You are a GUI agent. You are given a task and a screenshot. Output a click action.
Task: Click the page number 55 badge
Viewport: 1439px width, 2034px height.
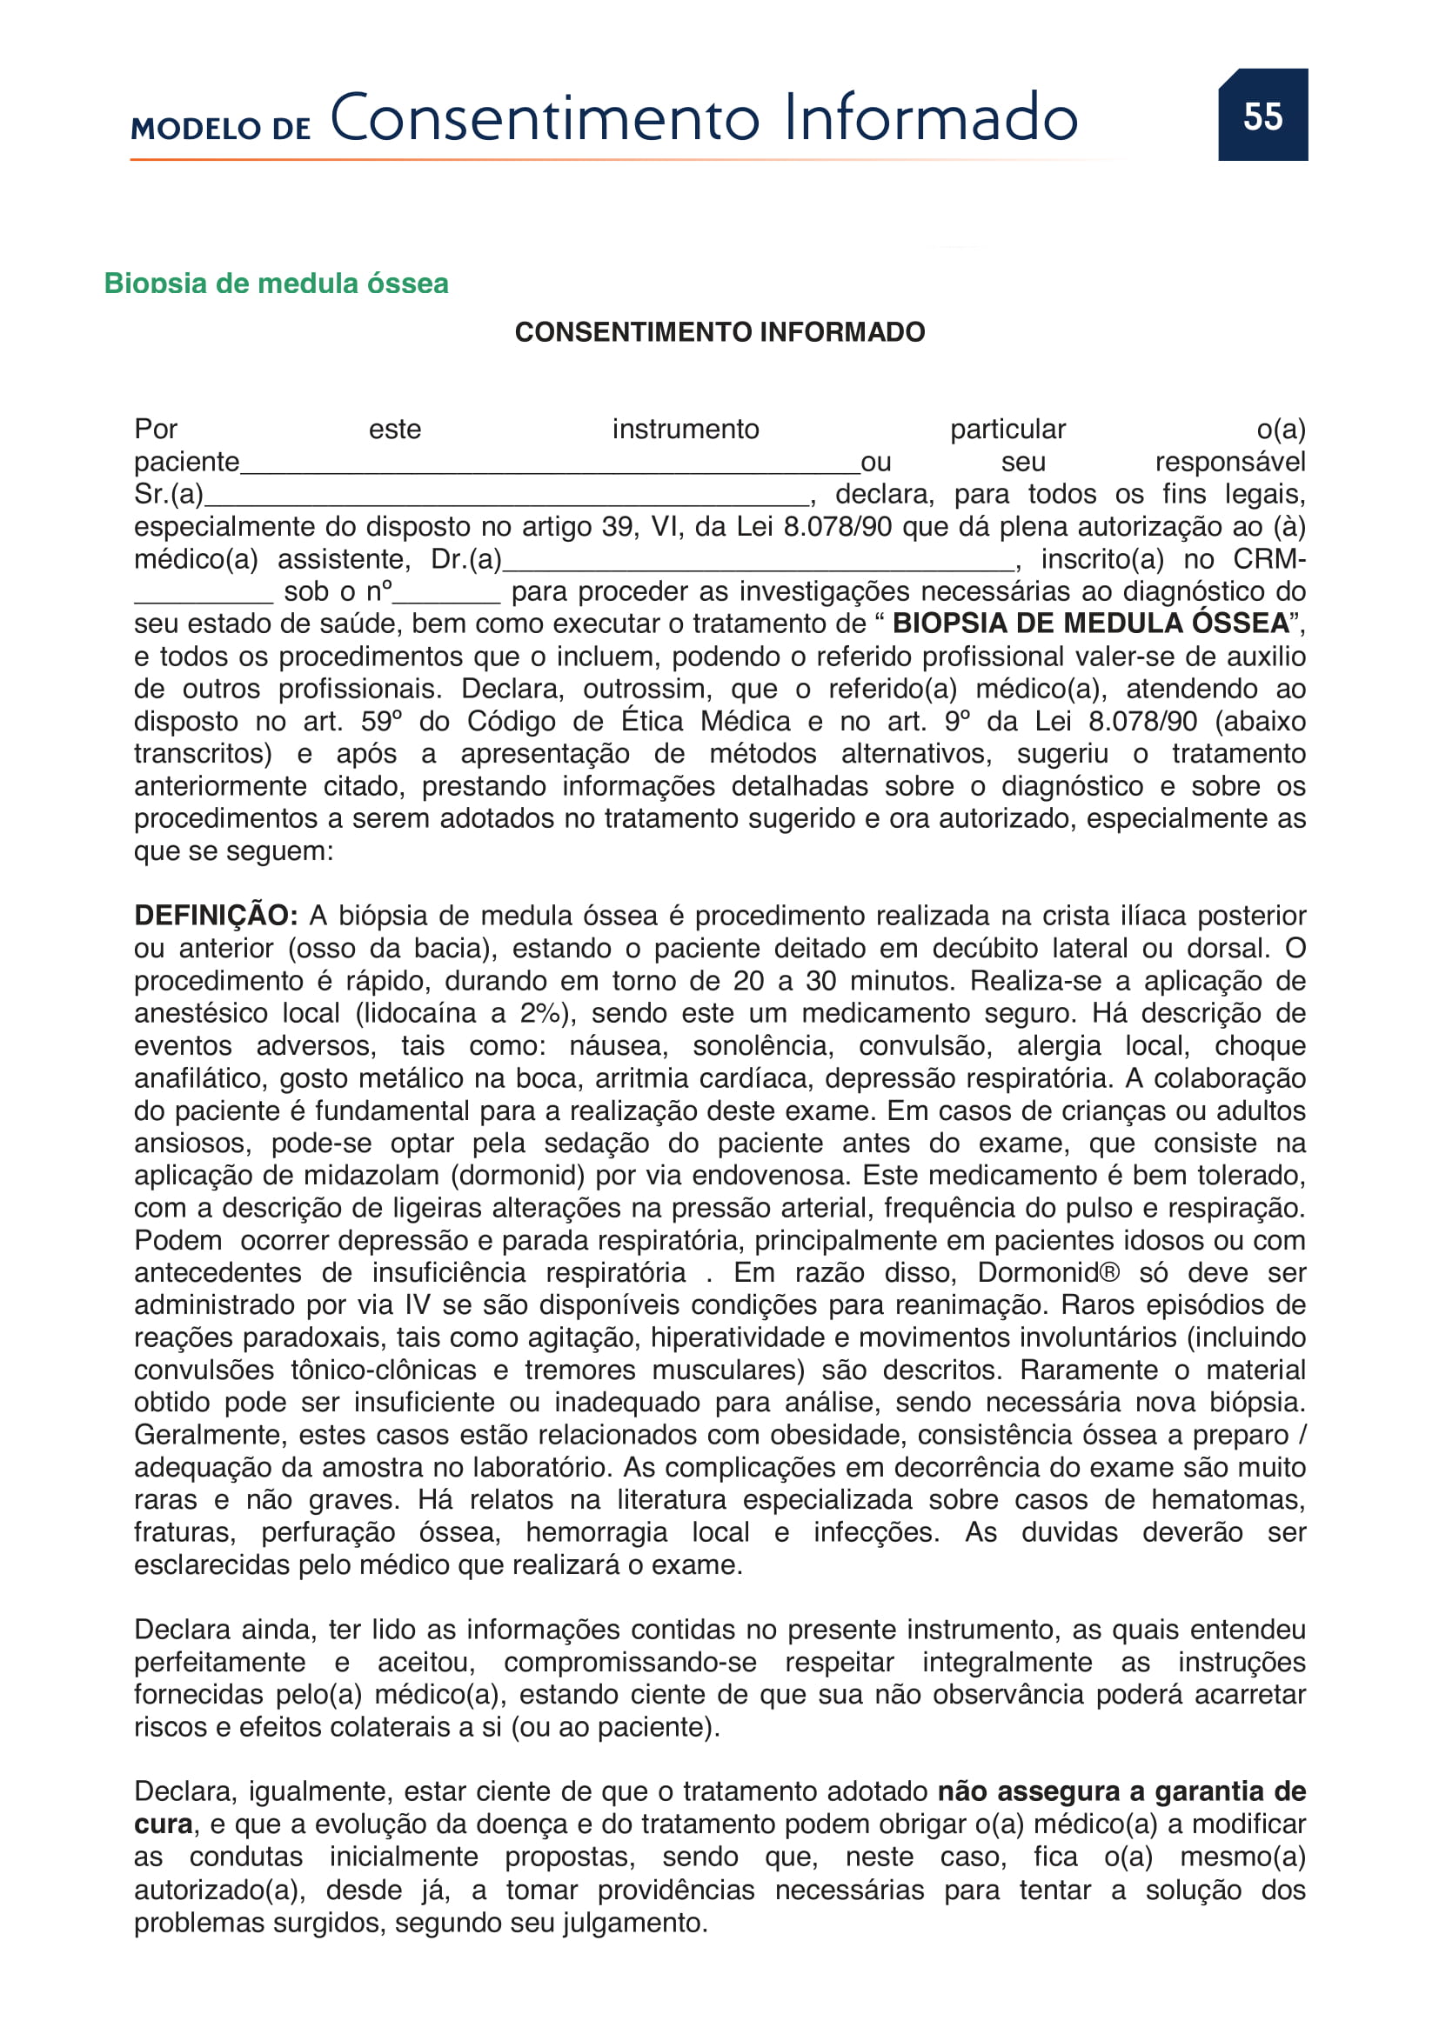pos(1262,115)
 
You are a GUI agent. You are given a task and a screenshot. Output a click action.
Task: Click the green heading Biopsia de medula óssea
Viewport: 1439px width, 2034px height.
pos(276,283)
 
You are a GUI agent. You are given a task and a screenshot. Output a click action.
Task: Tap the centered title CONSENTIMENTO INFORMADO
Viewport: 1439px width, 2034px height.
pos(719,332)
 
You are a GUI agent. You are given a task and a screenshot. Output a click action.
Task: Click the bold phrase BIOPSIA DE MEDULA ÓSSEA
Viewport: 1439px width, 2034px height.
pos(1090,624)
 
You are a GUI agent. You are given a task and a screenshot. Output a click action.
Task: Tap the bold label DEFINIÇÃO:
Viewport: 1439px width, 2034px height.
pos(215,916)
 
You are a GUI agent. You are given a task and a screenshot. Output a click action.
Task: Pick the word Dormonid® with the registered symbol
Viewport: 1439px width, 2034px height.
pos(1048,1273)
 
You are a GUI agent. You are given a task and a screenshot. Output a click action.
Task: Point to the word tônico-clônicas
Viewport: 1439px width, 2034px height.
pos(384,1370)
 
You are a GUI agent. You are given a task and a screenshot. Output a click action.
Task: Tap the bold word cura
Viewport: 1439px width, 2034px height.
pos(163,1825)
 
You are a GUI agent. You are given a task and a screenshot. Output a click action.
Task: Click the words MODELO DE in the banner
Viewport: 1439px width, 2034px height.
pos(221,129)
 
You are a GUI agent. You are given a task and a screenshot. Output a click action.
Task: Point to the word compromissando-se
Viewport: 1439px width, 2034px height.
pos(630,1663)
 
